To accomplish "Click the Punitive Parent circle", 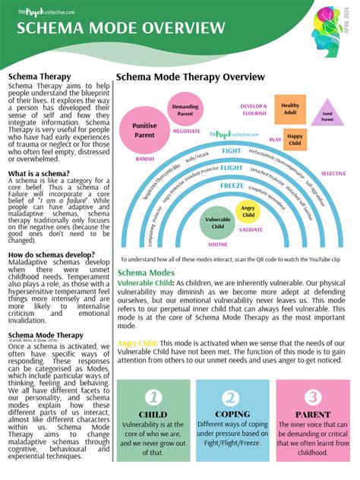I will pyautogui.click(x=144, y=130).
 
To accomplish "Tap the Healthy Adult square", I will pyautogui.click(x=290, y=110).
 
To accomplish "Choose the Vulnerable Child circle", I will pyautogui.click(x=218, y=223).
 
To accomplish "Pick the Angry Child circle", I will pyautogui.click(x=248, y=211).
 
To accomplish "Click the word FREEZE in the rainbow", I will pyautogui.click(x=232, y=185).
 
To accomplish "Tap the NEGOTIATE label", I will pyautogui.click(x=186, y=131).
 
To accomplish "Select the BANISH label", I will pyautogui.click(x=144, y=159).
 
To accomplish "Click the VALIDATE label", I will pyautogui.click(x=251, y=229).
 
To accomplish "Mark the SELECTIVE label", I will pyautogui.click(x=333, y=173).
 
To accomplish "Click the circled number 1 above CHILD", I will pyautogui.click(x=153, y=397).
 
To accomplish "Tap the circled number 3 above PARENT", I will pyautogui.click(x=313, y=397).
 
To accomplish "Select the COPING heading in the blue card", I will pyautogui.click(x=233, y=415).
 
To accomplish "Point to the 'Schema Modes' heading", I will pyautogui.click(x=146, y=272).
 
